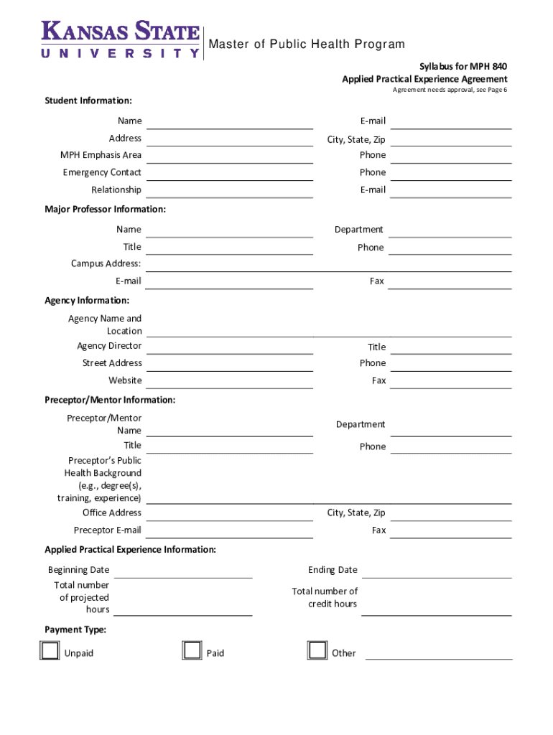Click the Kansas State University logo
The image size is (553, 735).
tap(121, 39)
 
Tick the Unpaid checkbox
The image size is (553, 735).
tap(50, 650)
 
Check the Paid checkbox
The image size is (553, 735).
tap(192, 650)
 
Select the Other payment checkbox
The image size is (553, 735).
tap(317, 650)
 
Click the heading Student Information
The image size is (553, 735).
tap(88, 100)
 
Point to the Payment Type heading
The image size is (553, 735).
tap(75, 629)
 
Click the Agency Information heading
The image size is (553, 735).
tap(87, 300)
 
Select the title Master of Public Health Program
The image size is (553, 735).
tap(307, 45)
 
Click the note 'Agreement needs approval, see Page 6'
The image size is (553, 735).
tap(450, 90)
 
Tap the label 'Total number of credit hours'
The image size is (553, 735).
tap(325, 597)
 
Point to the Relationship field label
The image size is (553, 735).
tap(116, 189)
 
